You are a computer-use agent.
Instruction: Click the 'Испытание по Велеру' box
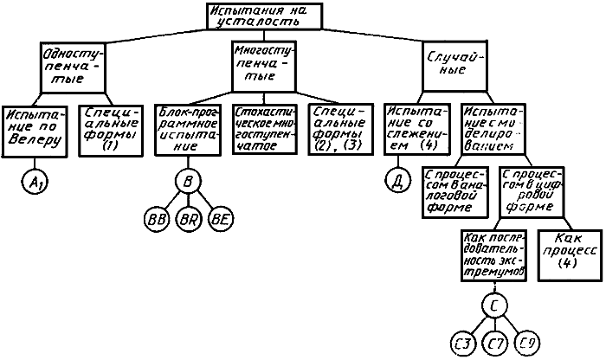(x=34, y=131)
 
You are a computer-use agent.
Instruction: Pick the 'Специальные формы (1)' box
(x=108, y=130)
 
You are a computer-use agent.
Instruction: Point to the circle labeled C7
(x=493, y=344)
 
